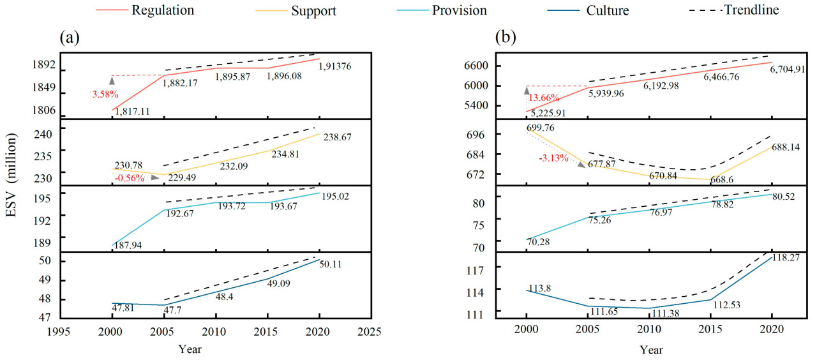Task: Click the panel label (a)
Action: pyautogui.click(x=70, y=38)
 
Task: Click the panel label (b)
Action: pyautogui.click(x=506, y=38)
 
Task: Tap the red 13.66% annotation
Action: pyautogui.click(x=544, y=98)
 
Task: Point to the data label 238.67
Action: pyautogui.click(x=336, y=137)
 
